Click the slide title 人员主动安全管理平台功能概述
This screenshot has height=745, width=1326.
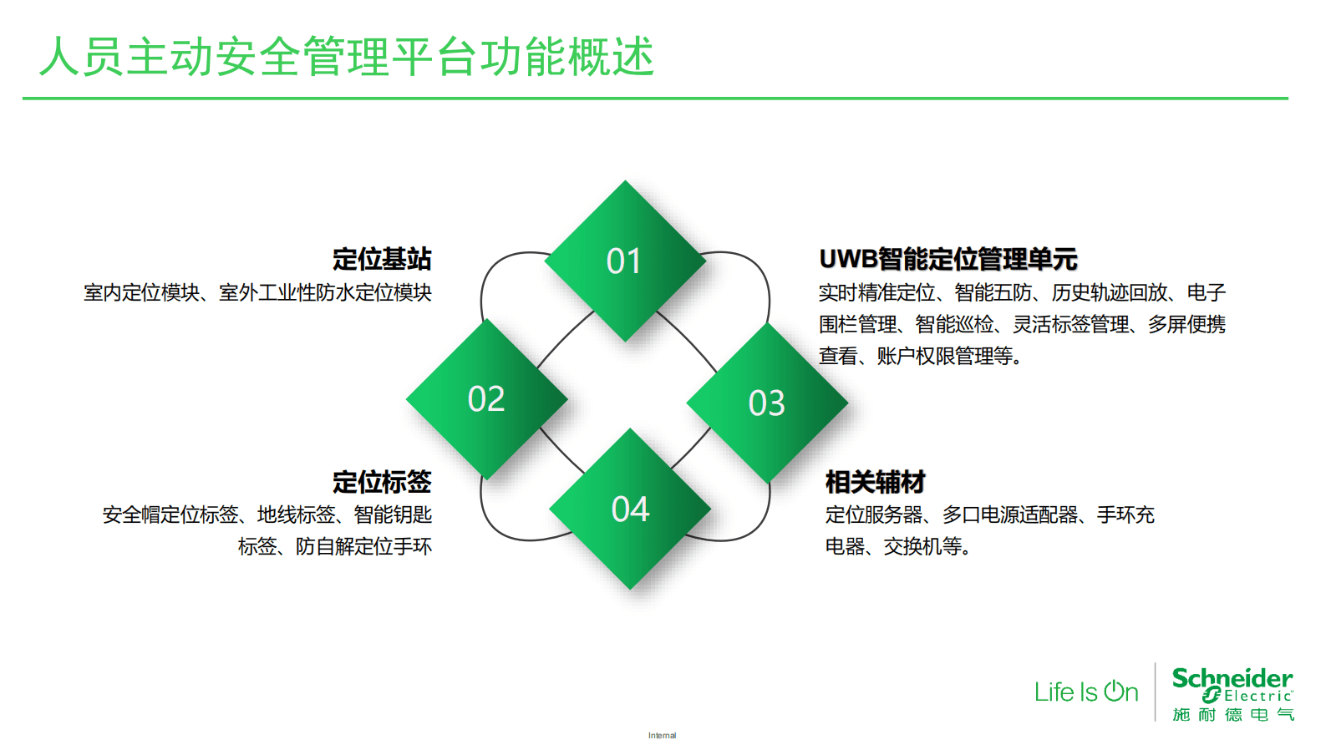pos(347,57)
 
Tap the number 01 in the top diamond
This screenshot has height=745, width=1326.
pos(623,261)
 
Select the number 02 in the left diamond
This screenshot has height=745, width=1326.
pos(486,399)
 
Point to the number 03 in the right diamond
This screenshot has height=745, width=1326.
pos(766,403)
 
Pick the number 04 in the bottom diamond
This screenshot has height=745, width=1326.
pos(630,509)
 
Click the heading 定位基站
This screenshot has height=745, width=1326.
pos(382,259)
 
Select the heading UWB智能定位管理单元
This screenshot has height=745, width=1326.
pos(948,259)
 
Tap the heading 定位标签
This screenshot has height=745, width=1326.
pos(382,482)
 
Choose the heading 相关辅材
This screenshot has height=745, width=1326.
pos(875,482)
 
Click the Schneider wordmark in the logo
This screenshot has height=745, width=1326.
pos(1232,677)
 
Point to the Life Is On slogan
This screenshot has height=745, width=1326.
pos(1086,692)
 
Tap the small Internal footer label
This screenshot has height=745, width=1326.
pos(662,736)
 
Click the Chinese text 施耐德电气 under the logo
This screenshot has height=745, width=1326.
pos(1232,715)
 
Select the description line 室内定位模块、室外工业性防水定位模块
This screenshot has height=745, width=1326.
pos(257,293)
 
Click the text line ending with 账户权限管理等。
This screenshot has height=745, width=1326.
pos(920,357)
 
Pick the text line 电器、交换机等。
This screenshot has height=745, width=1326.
pos(898,547)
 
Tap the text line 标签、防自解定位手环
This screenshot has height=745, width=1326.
pos(334,547)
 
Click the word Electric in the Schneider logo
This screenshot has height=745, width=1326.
pos(1257,696)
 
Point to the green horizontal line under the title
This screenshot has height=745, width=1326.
pos(655,99)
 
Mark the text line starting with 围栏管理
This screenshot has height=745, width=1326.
pos(1022,325)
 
